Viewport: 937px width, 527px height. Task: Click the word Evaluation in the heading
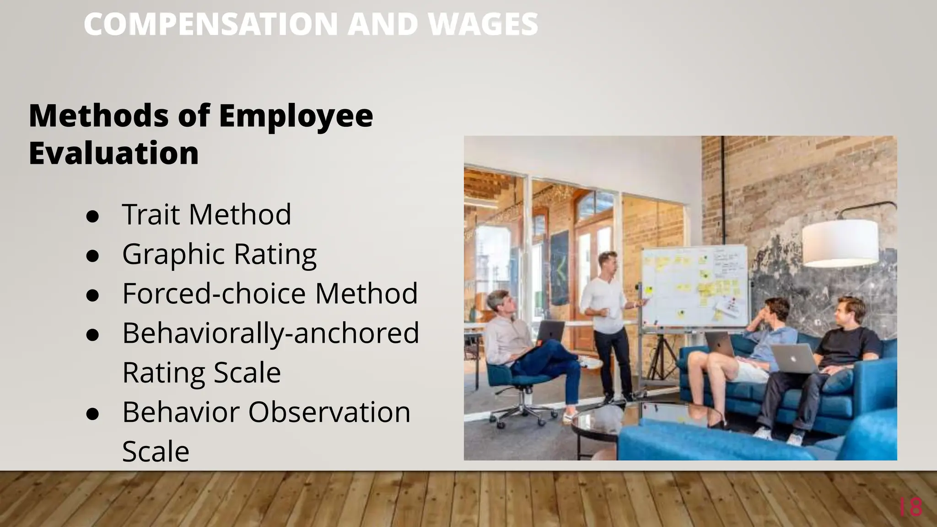tap(113, 153)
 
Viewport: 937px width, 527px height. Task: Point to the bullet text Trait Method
tap(206, 214)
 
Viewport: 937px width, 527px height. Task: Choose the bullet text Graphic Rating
tap(219, 254)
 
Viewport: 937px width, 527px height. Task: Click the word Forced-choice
tap(214, 293)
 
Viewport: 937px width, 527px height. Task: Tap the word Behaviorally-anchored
tap(270, 333)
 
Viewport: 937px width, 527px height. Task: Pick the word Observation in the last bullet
tap(329, 412)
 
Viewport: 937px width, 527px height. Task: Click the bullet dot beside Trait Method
tap(92, 216)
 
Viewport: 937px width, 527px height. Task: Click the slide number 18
tap(910, 507)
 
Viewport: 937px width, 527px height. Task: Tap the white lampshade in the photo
tap(840, 242)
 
